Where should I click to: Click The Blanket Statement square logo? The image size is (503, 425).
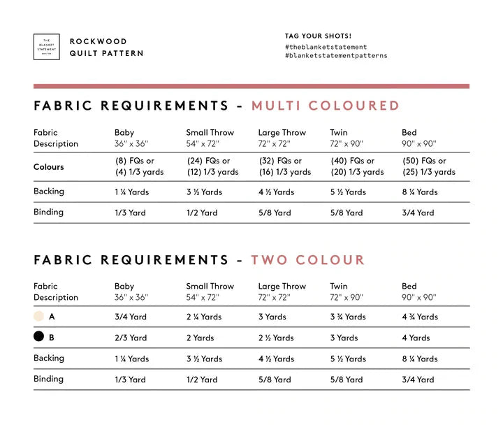tap(46, 47)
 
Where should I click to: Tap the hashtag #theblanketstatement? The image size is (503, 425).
tap(326, 47)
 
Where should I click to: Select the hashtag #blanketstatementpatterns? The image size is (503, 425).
tap(336, 56)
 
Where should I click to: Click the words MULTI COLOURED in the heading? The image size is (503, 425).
tap(325, 106)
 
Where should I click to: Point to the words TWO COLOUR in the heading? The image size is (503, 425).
tap(307, 260)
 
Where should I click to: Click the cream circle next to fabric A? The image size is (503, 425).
tap(38, 317)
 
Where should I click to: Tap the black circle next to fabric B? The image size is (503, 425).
tap(38, 337)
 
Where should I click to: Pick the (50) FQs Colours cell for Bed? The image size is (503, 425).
tap(428, 166)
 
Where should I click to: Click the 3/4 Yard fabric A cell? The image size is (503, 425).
tap(131, 317)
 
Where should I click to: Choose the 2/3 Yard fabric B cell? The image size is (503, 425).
tap(131, 338)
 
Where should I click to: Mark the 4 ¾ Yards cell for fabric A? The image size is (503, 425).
tap(420, 317)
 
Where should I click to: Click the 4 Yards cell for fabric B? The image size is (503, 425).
tap(416, 338)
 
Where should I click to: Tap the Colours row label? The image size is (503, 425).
tap(48, 167)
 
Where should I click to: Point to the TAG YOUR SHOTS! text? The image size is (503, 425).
tap(318, 36)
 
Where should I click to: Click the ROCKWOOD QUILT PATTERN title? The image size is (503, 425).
tap(106, 48)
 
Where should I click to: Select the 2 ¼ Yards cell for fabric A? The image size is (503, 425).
tap(204, 317)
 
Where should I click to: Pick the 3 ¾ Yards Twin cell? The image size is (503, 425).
tap(348, 317)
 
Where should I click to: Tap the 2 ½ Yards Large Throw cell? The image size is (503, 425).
tap(276, 338)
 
